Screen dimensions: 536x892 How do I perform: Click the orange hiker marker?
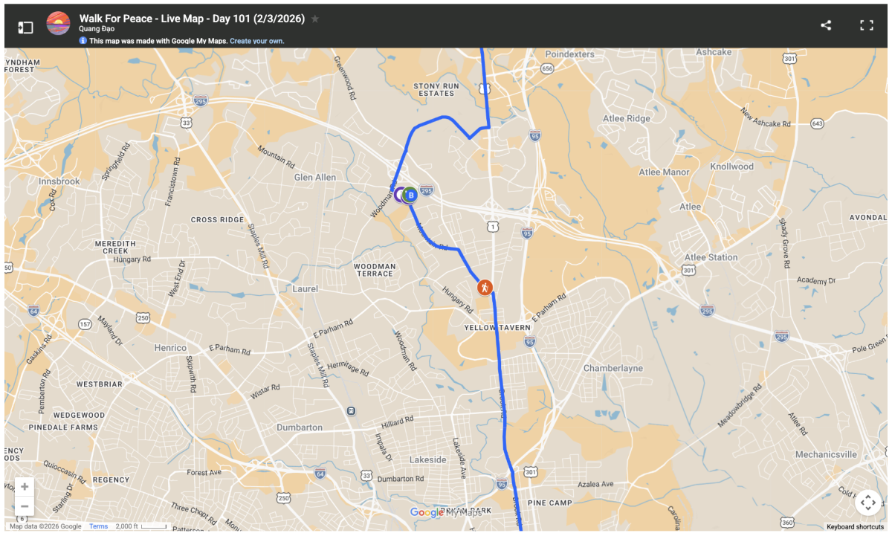pos(484,287)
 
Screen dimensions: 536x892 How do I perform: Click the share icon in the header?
pos(826,25)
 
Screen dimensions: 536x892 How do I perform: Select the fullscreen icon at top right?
pos(866,25)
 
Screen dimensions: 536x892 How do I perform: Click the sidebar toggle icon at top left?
pos(25,28)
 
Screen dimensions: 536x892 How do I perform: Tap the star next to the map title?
pos(315,19)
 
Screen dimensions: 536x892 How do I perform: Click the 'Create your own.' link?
pos(256,41)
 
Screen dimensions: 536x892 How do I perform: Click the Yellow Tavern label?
pos(497,328)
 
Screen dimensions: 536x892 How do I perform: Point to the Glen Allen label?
pos(314,178)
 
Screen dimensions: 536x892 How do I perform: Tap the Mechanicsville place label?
pos(826,454)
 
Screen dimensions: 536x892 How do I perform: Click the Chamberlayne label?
pos(611,369)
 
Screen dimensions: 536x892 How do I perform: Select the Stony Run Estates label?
pos(436,89)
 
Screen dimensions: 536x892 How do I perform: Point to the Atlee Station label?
pos(711,257)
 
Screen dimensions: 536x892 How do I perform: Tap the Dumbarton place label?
pos(300,427)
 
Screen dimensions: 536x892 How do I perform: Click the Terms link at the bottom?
pos(98,526)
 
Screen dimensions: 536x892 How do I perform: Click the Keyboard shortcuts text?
pos(855,526)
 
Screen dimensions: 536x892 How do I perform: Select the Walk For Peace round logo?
pos(58,24)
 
